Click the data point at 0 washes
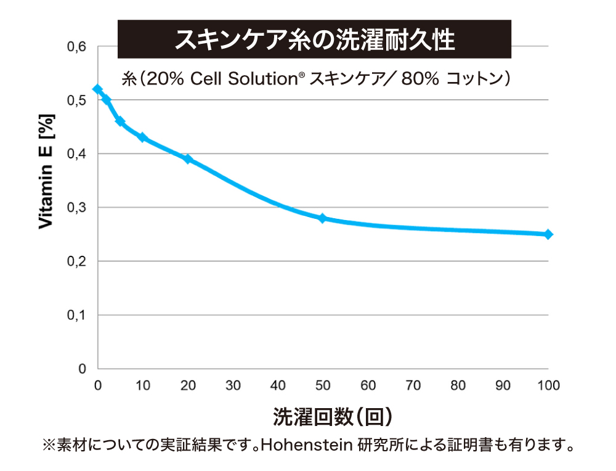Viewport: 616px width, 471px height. pyautogui.click(x=97, y=89)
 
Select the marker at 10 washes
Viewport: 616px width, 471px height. pyautogui.click(x=142, y=137)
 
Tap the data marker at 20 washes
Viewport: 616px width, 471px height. pyautogui.click(x=188, y=159)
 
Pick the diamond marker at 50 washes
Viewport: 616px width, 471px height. pyautogui.click(x=323, y=218)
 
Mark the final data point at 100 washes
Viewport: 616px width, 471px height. pyautogui.click(x=548, y=234)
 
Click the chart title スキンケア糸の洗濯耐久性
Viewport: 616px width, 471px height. pyautogui.click(x=314, y=39)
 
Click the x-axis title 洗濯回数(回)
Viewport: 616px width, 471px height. pyautogui.click(x=332, y=417)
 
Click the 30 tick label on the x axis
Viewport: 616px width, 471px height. pyautogui.click(x=233, y=386)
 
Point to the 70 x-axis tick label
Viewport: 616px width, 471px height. pyautogui.click(x=413, y=386)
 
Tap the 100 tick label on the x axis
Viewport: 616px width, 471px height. pyautogui.click(x=548, y=386)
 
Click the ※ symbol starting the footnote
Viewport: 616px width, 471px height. pyautogui.click(x=49, y=444)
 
